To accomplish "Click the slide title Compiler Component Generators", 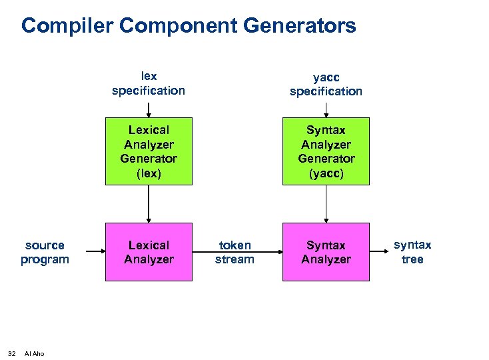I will tap(189, 27).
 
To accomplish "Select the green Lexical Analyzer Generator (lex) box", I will tap(149, 151).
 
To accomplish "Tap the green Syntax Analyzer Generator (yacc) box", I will tap(326, 151).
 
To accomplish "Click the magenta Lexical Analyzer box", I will tap(149, 252).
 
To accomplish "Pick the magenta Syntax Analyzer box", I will tap(326, 252).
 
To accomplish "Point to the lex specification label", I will tap(149, 83).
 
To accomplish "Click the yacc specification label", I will tap(326, 84).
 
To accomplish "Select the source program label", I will tap(45, 252).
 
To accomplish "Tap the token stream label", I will tap(235, 252).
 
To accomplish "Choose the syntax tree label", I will tap(412, 252).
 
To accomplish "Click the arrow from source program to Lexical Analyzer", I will tap(89, 252).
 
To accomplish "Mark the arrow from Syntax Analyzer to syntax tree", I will tap(380, 252).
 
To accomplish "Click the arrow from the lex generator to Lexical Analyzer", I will tap(149, 203).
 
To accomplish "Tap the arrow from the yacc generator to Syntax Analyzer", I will tap(326, 203).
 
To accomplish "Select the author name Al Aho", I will tap(34, 353).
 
